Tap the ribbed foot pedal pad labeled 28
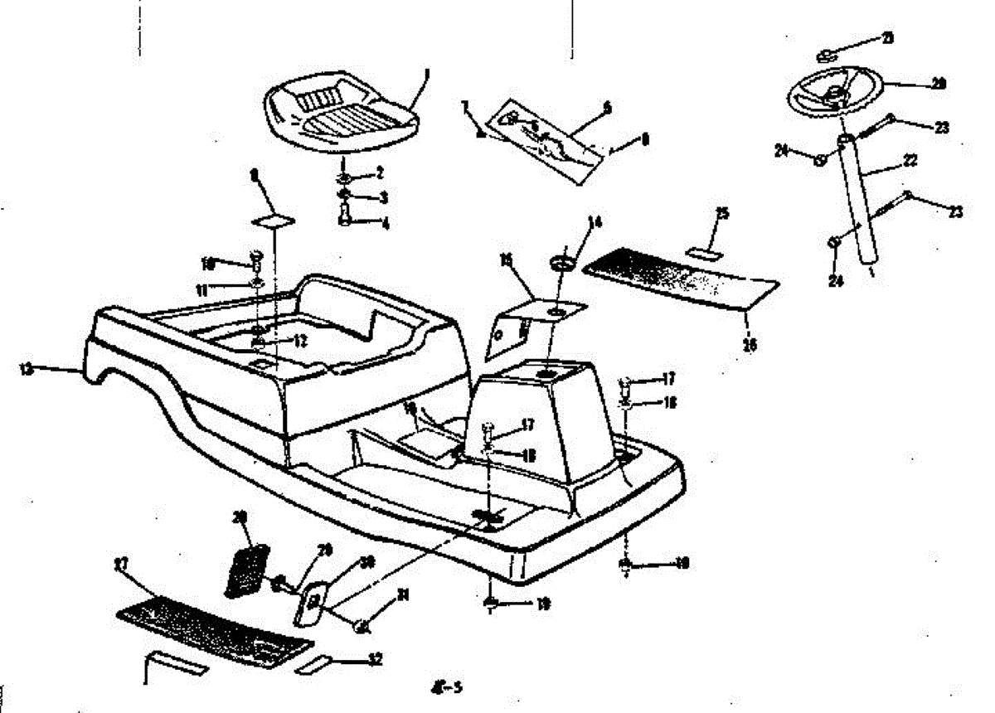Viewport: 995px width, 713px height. tap(248, 570)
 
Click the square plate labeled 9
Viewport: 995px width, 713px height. tap(274, 220)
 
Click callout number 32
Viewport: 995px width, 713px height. tap(376, 660)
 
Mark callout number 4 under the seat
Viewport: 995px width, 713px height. tap(383, 224)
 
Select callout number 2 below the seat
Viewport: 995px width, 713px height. tap(379, 173)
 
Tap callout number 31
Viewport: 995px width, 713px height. tap(404, 594)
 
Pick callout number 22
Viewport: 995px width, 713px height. tap(910, 161)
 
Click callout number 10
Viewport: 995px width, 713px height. tap(207, 264)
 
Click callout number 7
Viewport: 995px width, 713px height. tap(465, 105)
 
